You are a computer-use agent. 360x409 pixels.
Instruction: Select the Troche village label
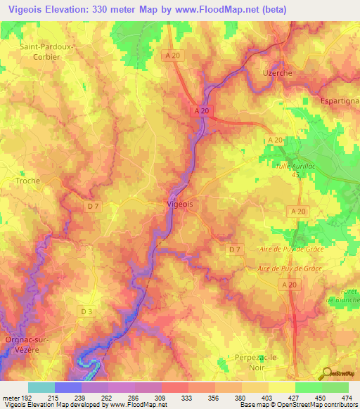[27, 181]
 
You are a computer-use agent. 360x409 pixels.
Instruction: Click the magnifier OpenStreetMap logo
[326, 372]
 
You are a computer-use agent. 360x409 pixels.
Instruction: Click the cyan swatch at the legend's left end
[41, 387]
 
